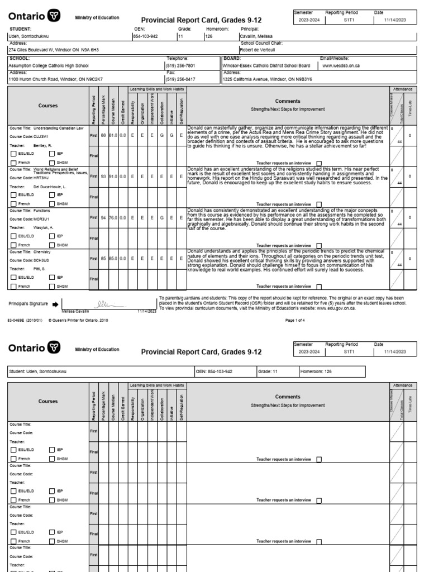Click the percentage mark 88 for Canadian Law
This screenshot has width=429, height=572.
click(103, 136)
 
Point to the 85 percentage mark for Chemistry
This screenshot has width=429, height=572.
click(103, 259)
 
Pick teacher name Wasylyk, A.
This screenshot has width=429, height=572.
click(44, 228)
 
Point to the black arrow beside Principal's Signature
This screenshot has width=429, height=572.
click(55, 304)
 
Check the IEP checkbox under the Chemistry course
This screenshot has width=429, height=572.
click(52, 277)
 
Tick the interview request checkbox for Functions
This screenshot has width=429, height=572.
click(319, 245)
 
